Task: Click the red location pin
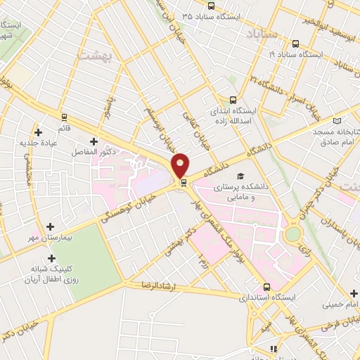click(x=181, y=165)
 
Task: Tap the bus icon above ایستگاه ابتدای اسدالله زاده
click(x=233, y=100)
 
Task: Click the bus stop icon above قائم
click(x=64, y=117)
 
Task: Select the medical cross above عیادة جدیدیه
click(x=38, y=131)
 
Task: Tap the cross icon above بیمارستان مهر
click(x=50, y=226)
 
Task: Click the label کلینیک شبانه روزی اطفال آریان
click(x=54, y=274)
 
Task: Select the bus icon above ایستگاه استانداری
click(x=266, y=287)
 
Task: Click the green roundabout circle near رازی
click(x=292, y=234)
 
